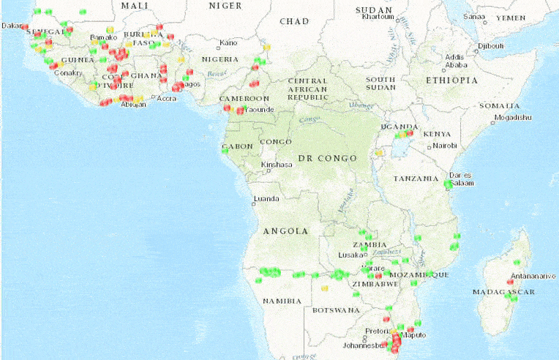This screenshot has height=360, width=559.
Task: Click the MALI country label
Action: pyautogui.click(x=135, y=6)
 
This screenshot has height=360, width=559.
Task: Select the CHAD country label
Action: pyautogui.click(x=293, y=21)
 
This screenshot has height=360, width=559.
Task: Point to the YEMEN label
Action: pyautogui.click(x=511, y=17)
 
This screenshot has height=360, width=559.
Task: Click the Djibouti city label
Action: pyautogui.click(x=491, y=46)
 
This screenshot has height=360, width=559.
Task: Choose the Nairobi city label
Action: pyautogui.click(x=446, y=146)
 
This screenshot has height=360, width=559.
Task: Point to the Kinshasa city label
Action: pyautogui.click(x=277, y=165)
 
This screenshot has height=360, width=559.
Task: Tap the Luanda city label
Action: pyautogui.click(x=265, y=198)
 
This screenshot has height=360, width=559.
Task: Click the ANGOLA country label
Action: pyautogui.click(x=285, y=231)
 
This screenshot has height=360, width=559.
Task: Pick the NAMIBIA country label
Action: pyautogui.click(x=282, y=301)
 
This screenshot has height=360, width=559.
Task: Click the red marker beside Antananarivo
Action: pyautogui.click(x=510, y=282)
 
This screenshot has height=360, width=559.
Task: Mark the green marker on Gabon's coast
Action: pyautogui.click(x=225, y=151)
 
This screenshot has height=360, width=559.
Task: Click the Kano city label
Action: pyautogui.click(x=228, y=42)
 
